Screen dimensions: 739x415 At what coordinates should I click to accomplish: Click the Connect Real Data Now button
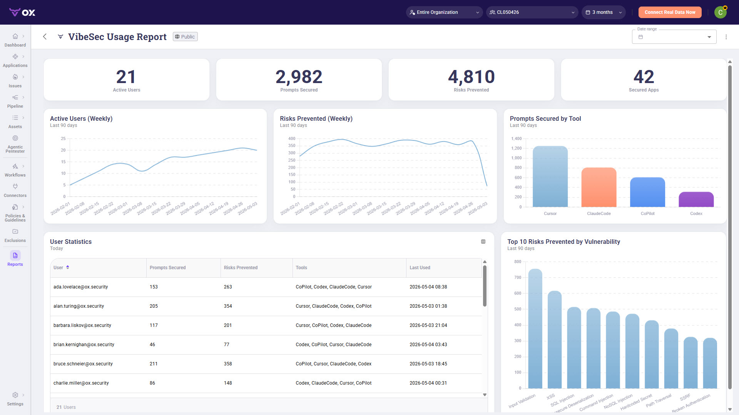[670, 12]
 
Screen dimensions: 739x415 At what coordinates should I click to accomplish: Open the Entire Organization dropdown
[444, 12]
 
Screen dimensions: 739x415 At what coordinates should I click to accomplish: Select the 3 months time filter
[604, 12]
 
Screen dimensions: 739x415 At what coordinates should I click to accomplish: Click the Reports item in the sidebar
[15, 258]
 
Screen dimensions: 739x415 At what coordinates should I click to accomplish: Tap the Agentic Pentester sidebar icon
[15, 138]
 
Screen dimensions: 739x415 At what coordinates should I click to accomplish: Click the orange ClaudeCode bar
[599, 187]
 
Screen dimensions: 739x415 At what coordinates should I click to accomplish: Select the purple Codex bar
[696, 200]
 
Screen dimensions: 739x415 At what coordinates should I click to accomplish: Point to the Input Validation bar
[535, 328]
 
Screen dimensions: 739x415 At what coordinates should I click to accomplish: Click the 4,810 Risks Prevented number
[471, 77]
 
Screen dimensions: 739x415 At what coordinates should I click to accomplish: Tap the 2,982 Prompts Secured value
[299, 77]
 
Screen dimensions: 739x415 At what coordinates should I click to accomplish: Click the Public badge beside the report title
[185, 37]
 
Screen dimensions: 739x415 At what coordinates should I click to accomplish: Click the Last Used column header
[420, 268]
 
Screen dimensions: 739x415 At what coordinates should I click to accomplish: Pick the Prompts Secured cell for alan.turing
[154, 306]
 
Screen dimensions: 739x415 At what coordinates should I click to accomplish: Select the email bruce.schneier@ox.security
[83, 364]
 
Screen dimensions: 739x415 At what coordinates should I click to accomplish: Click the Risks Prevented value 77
[226, 345]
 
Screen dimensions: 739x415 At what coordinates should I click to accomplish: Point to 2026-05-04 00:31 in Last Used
[428, 383]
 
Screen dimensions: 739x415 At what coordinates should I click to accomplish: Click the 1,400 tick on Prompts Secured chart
[516, 138]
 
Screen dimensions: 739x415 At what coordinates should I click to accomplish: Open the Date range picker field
[674, 37]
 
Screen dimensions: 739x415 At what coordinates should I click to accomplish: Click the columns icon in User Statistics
[483, 242]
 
